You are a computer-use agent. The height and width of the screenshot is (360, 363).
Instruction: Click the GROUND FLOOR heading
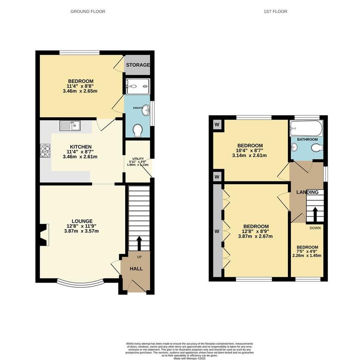pyautogui.click(x=88, y=11)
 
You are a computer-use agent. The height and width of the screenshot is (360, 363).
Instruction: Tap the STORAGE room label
pyautogui.click(x=137, y=65)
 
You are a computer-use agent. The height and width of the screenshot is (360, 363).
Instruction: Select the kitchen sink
pyautogui.click(x=70, y=125)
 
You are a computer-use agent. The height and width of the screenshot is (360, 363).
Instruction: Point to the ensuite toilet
pyautogui.click(x=138, y=131)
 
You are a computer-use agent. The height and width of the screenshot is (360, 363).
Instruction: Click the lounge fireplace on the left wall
pyautogui.click(x=44, y=234)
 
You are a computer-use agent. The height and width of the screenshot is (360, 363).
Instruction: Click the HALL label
pyautogui.click(x=136, y=269)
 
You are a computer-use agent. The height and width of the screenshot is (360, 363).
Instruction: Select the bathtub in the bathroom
pyautogui.click(x=306, y=127)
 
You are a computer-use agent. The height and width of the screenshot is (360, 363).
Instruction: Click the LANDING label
pyautogui.click(x=307, y=192)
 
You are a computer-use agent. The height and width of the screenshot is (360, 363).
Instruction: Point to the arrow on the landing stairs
pyautogui.click(x=315, y=213)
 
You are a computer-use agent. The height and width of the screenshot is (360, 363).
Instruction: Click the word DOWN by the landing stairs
pyautogui.click(x=314, y=228)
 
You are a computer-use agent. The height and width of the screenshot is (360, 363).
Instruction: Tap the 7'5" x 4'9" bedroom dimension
pyautogui.click(x=307, y=253)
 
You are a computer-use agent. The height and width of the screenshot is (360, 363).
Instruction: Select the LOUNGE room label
pyautogui.click(x=82, y=221)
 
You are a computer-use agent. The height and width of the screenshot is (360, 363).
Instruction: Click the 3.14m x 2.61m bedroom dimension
pyautogui.click(x=250, y=156)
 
